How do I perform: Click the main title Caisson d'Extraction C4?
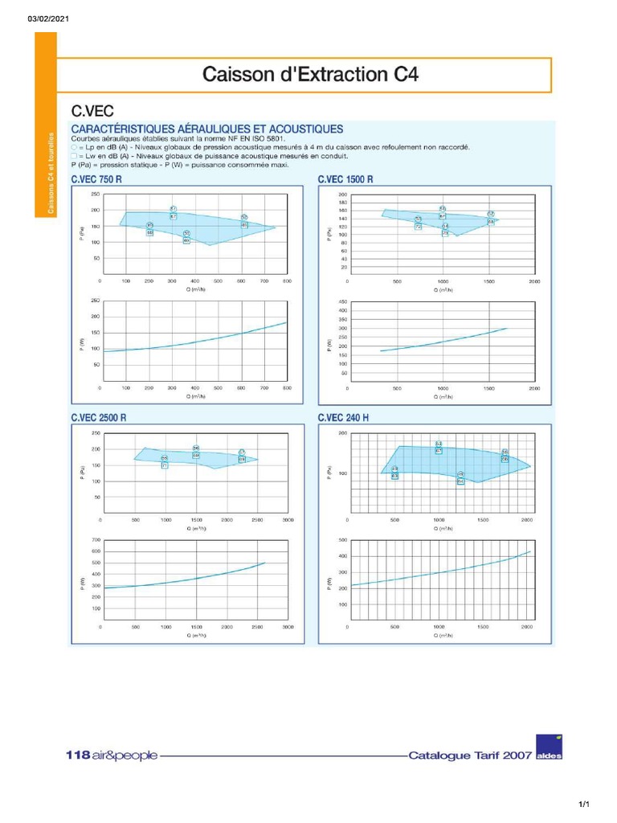pos(310,76)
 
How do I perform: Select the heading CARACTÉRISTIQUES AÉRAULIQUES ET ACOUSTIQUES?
pos(207,129)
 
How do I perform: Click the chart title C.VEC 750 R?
pos(96,180)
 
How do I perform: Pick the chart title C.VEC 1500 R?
pos(345,180)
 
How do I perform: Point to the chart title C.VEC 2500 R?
pos(99,418)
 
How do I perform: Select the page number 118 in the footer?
pos(77,755)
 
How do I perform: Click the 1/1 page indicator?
pos(584,805)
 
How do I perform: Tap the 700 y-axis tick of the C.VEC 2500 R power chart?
pos(96,540)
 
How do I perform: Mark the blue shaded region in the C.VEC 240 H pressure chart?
pos(450,465)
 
